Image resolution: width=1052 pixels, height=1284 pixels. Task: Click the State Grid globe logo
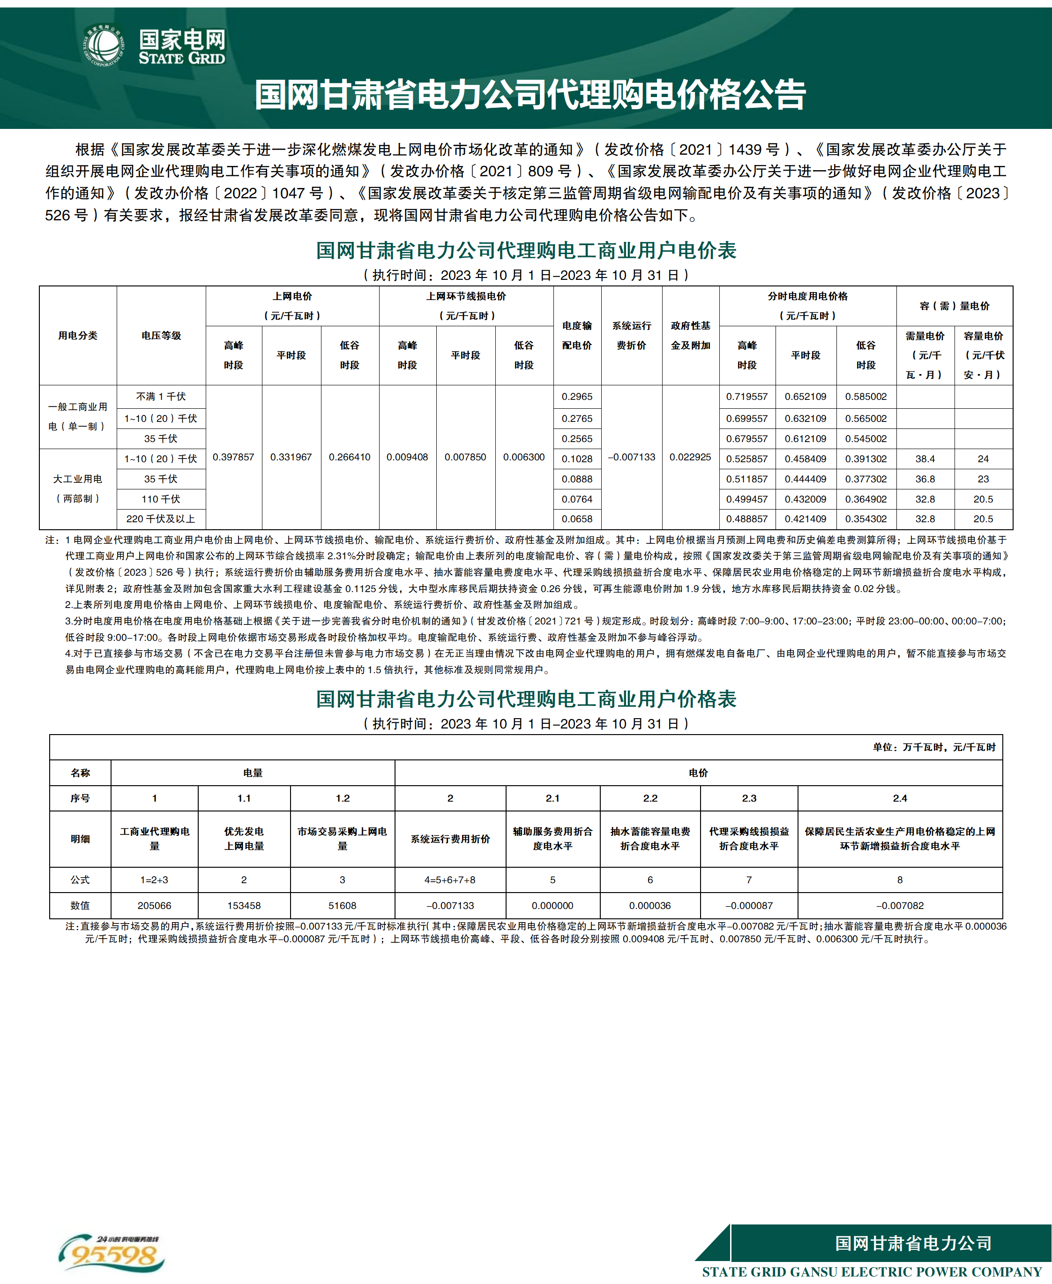[104, 45]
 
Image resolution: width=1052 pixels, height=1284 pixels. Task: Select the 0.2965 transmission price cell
[577, 397]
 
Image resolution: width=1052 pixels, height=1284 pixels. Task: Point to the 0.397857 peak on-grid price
[233, 457]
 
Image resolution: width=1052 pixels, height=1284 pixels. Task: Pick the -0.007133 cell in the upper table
[632, 457]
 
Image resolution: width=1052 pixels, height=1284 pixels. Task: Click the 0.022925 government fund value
[690, 457]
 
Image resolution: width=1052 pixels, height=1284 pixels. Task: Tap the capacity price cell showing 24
[983, 459]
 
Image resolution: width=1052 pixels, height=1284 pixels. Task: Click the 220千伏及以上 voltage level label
[161, 519]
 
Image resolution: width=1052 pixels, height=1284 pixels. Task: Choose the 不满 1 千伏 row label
[161, 397]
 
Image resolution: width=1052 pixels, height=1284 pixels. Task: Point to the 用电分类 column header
[78, 335]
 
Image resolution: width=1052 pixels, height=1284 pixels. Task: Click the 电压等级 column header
[161, 335]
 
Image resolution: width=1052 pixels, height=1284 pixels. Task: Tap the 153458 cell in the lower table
[244, 906]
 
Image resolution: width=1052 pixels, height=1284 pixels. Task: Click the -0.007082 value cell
[900, 906]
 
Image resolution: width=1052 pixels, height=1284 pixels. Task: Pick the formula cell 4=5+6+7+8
[450, 879]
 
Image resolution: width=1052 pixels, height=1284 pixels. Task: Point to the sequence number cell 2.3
[749, 798]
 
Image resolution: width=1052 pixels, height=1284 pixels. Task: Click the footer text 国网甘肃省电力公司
[913, 1243]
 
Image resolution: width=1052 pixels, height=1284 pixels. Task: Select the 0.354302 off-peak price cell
[866, 519]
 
